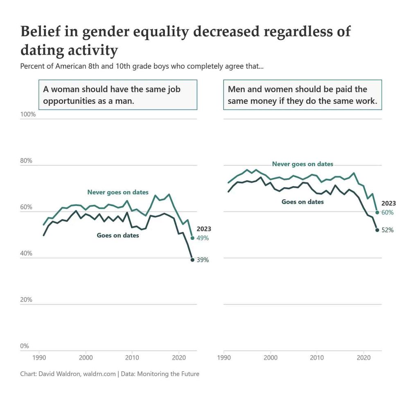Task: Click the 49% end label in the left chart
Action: (203, 238)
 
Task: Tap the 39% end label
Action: (203, 260)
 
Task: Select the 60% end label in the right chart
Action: (387, 212)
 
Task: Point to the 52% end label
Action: (387, 230)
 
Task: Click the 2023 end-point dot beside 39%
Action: (192, 260)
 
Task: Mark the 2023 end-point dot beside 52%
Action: (377, 230)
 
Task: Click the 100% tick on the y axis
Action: (28, 114)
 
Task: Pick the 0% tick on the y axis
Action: (25, 346)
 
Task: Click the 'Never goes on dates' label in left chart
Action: (118, 192)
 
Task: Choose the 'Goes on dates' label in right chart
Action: (302, 202)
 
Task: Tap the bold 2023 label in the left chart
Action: (204, 229)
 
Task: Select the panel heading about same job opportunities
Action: (118, 95)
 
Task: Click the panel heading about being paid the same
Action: (302, 95)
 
